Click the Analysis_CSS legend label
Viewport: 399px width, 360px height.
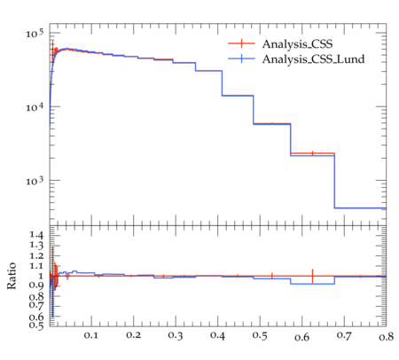tap(297, 44)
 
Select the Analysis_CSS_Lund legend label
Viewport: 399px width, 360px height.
tap(313, 59)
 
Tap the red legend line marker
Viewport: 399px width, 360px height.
tap(241, 43)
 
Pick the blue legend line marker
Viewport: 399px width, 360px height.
tap(241, 59)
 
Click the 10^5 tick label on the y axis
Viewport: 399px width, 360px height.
tap(35, 34)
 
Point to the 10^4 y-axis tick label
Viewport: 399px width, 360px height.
tap(35, 107)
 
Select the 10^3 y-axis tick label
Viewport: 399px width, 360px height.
tap(35, 181)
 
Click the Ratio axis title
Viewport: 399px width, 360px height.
tap(12, 276)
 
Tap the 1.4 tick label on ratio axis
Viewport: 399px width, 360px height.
tap(36, 235)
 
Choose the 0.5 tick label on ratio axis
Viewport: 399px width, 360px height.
tap(36, 325)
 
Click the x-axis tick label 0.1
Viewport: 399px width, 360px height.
tap(91, 335)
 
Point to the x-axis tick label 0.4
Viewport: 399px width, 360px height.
tap(217, 335)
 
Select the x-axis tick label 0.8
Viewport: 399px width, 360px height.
tap(386, 336)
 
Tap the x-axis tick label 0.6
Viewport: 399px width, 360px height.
tap(301, 337)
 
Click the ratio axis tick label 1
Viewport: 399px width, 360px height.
tap(41, 276)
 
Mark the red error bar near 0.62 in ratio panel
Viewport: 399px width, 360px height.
tap(312, 276)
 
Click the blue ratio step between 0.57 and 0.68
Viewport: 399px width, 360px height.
tap(312, 284)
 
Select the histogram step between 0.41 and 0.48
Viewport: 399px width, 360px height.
tap(238, 96)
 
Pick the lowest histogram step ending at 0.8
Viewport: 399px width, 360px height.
tap(360, 208)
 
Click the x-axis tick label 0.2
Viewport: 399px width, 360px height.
tap(133, 335)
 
